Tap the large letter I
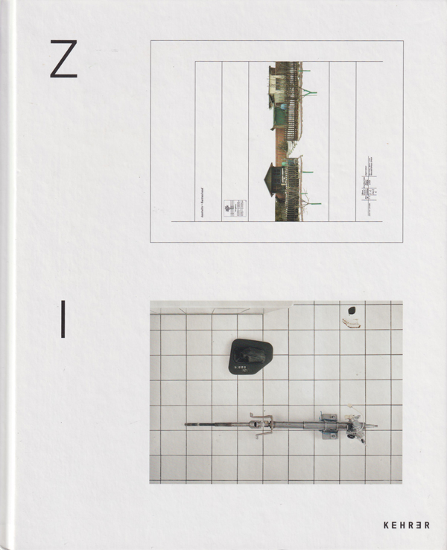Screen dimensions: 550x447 (63, 319)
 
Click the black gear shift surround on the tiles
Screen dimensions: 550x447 (250, 356)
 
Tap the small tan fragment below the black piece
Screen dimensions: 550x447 (350, 322)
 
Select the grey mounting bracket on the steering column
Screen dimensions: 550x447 (328, 426)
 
